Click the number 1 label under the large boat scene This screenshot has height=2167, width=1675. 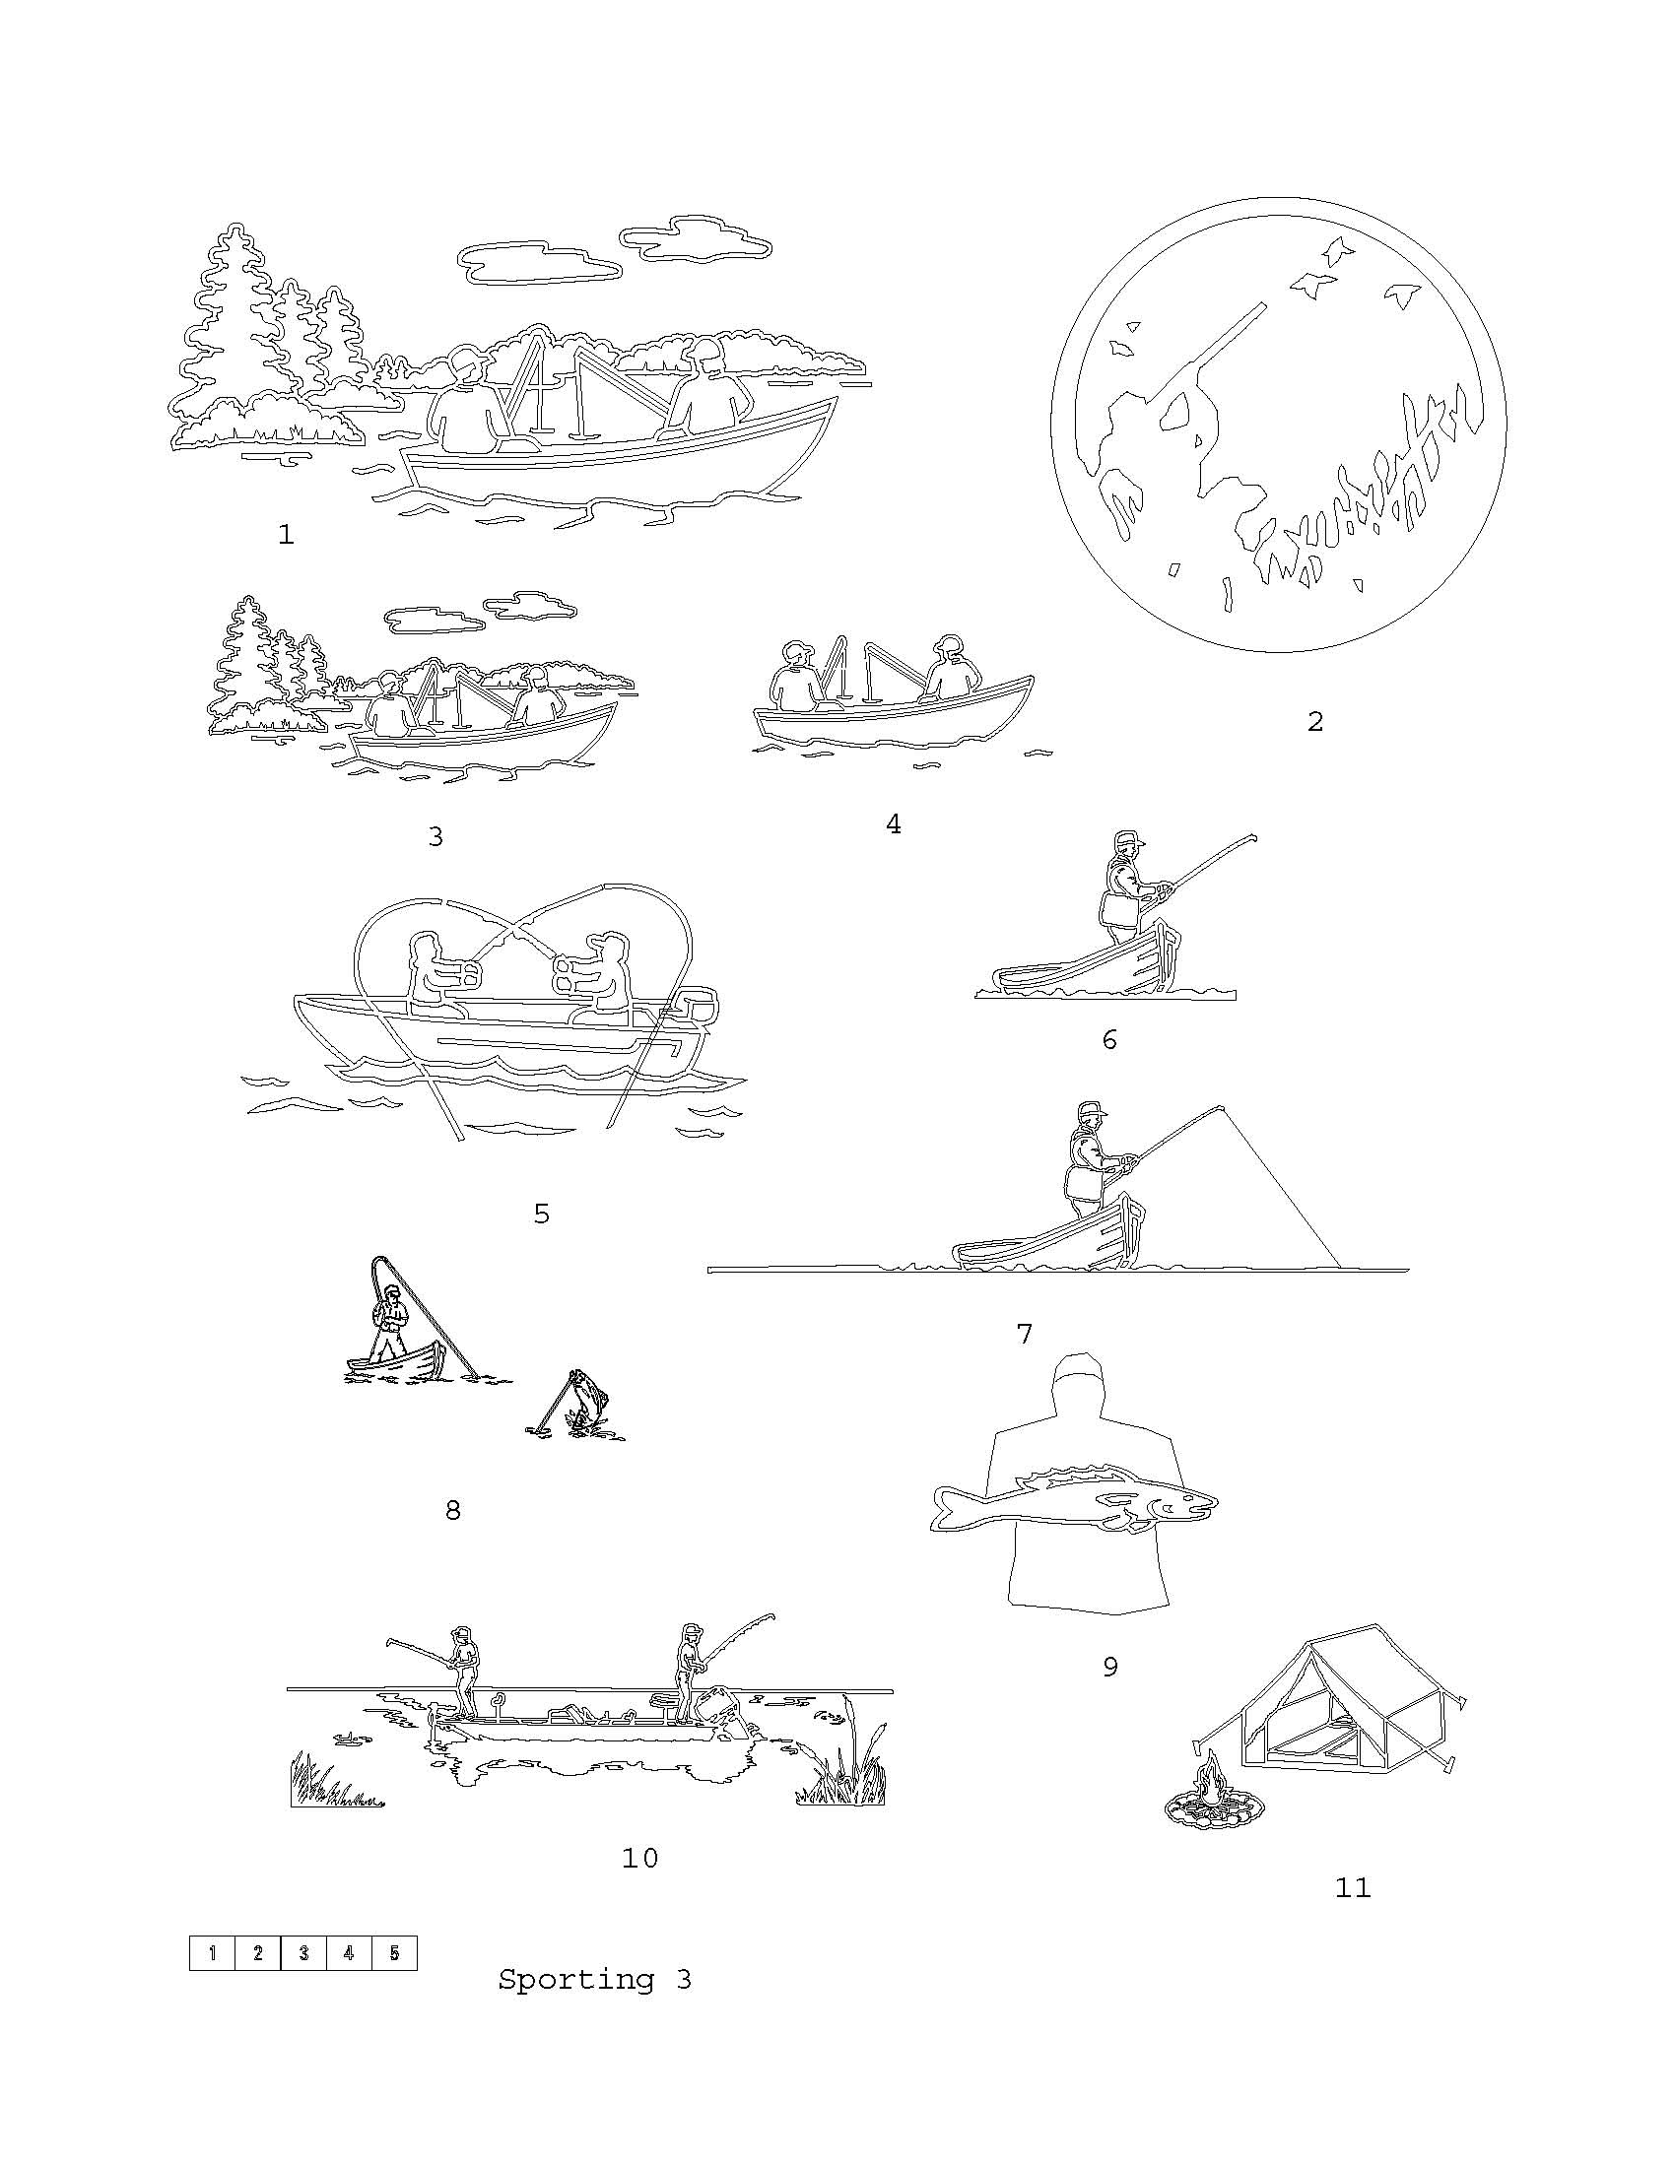pos(286,535)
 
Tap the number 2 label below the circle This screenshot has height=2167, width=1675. pos(1314,721)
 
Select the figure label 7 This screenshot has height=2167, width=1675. pos(1025,1334)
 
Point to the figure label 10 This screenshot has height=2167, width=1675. pos(640,1859)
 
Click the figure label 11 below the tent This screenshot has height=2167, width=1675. pos(1353,1887)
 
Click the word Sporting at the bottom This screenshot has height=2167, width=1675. pos(575,1980)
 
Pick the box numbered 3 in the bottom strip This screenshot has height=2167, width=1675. pos(302,1952)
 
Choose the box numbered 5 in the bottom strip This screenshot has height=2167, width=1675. pos(394,1952)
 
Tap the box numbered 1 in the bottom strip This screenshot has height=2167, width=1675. pos(213,1952)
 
